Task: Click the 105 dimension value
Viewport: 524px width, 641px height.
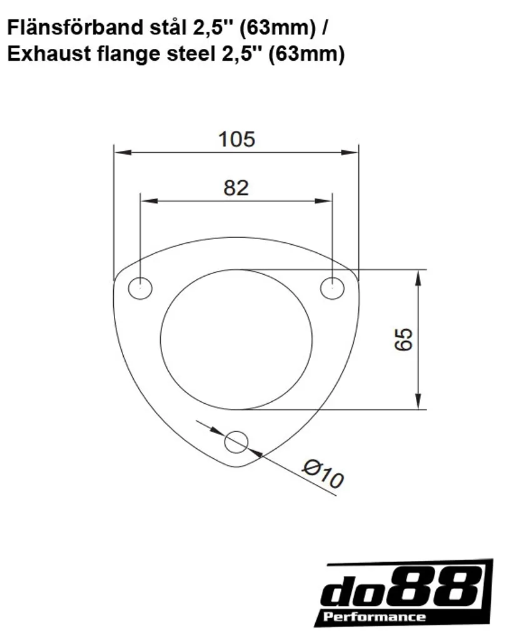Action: pos(237,140)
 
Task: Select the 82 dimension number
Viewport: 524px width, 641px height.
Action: pos(236,188)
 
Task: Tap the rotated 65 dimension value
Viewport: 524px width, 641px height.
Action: pos(404,339)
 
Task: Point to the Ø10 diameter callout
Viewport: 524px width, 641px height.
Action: pos(323,474)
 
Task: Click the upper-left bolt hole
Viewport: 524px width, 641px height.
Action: pos(140,288)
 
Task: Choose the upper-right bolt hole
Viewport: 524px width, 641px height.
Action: pos(333,288)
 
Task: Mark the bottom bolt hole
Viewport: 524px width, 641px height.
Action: pos(236,442)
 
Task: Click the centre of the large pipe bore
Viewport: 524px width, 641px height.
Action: pos(236,339)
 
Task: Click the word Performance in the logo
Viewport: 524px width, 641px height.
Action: pos(375,617)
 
